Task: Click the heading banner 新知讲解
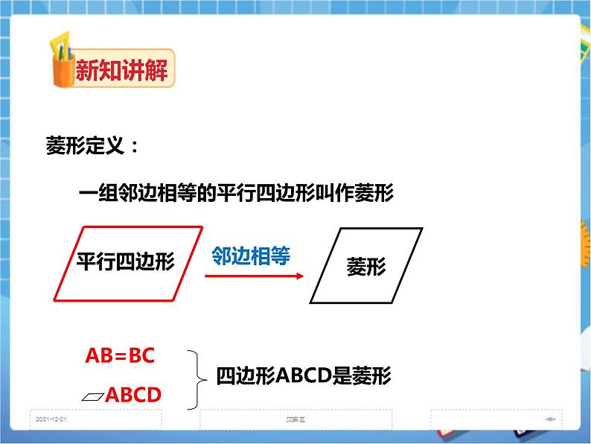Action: [x=121, y=72]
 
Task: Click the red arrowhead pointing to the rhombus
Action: [x=299, y=276]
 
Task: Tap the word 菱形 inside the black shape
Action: [x=366, y=267]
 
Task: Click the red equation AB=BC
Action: [x=120, y=355]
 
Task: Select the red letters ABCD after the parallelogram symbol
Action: [x=133, y=395]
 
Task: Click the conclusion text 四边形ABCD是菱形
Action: [x=303, y=376]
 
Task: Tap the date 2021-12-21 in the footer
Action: [x=51, y=419]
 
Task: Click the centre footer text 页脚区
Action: [x=295, y=419]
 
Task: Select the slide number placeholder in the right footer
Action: [x=551, y=419]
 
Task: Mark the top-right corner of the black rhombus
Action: [x=422, y=229]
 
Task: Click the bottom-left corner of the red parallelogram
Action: [x=55, y=301]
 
